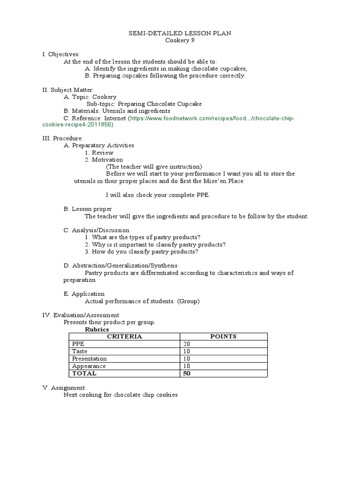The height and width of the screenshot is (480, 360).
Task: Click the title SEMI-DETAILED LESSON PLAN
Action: [x=180, y=33]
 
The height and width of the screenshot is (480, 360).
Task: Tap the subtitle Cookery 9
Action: [x=180, y=40]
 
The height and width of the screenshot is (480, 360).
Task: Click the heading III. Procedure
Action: [x=63, y=138]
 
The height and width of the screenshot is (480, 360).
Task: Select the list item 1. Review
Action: [x=99, y=152]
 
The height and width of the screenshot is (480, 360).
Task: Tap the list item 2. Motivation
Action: [x=104, y=159]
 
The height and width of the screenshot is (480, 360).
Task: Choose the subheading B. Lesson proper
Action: [x=88, y=209]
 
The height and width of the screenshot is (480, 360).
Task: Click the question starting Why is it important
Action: [x=155, y=244]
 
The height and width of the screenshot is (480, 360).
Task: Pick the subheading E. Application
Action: [x=84, y=294]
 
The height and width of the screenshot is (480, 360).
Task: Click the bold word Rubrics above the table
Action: [x=97, y=330]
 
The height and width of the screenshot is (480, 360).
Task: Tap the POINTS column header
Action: [x=223, y=337]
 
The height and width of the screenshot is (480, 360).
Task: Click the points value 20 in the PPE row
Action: [x=187, y=344]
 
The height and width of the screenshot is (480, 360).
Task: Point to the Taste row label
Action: [x=79, y=351]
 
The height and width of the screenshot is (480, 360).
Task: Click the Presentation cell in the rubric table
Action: [x=89, y=359]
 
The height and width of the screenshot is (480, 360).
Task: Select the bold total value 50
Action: [x=187, y=373]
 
